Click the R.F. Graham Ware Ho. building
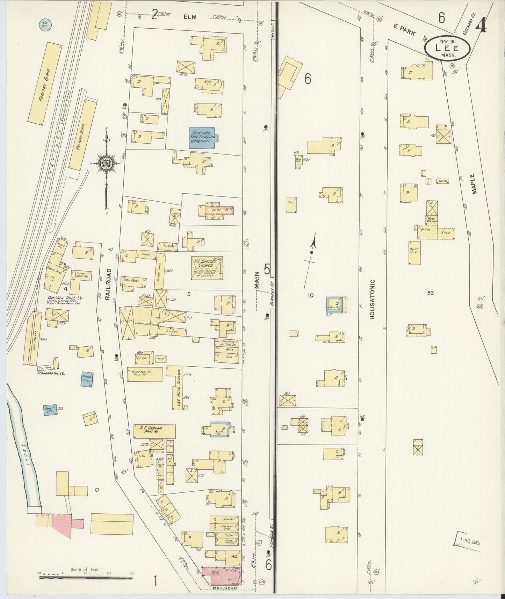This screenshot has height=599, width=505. [x=154, y=431]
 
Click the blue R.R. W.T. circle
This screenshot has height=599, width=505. [x=44, y=25]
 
